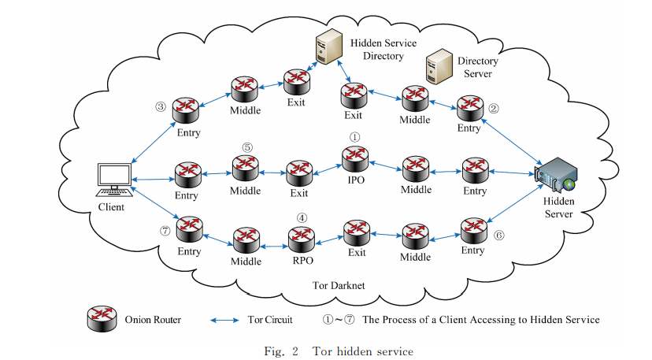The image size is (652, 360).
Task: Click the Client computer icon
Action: pyautogui.click(x=113, y=179)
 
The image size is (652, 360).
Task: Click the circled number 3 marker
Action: pyautogui.click(x=161, y=107)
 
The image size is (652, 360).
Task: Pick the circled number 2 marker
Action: pyautogui.click(x=495, y=109)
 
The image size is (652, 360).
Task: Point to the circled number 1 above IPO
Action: pyautogui.click(x=354, y=137)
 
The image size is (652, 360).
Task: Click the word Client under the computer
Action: pyautogui.click(x=112, y=210)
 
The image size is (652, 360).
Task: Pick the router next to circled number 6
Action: pyautogui.click(x=472, y=228)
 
